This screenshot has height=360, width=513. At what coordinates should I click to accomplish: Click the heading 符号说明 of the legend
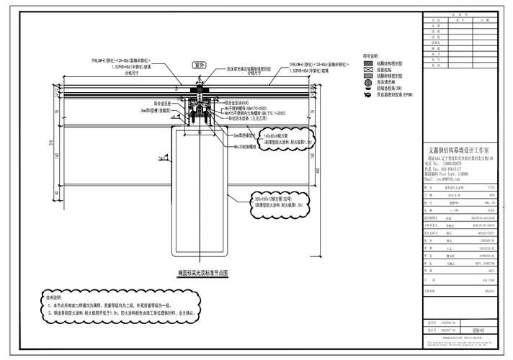(x=370, y=55)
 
